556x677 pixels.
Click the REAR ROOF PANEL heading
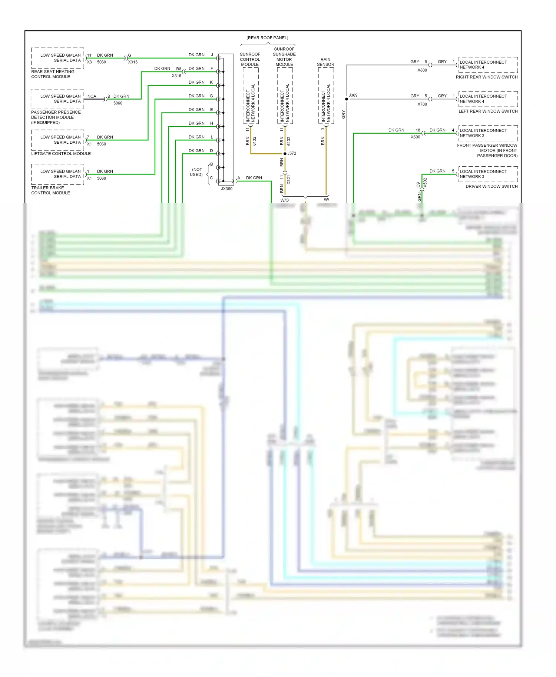point(267,38)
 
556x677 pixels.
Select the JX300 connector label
point(226,189)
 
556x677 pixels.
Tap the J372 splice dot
point(285,154)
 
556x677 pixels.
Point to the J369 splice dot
point(347,99)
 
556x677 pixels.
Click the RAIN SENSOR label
point(325,62)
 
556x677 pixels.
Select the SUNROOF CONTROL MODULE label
point(250,59)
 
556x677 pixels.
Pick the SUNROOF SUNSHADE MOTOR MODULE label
point(284,57)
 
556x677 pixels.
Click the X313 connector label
point(133,62)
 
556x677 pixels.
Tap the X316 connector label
point(176,76)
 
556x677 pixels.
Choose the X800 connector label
point(422,70)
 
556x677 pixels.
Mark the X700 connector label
point(422,104)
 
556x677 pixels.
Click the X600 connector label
point(416,137)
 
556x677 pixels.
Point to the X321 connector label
point(289,180)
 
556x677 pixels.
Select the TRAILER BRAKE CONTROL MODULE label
point(50,190)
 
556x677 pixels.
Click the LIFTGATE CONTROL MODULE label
point(61,154)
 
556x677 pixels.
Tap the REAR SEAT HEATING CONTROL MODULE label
point(53,74)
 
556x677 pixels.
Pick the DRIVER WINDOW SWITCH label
point(492,186)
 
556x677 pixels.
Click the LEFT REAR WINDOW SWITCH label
point(488,111)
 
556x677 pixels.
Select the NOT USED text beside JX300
point(197,172)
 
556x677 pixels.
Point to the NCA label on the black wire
point(92,96)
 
